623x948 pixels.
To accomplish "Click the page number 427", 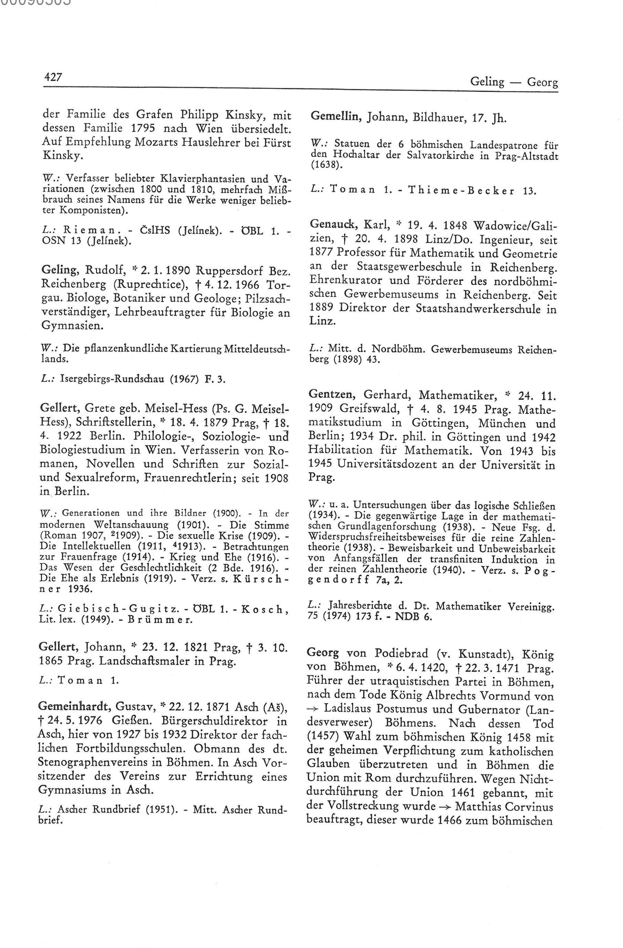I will pyautogui.click(x=53, y=77).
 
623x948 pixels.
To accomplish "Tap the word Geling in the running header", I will pyautogui.click(x=487, y=82).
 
